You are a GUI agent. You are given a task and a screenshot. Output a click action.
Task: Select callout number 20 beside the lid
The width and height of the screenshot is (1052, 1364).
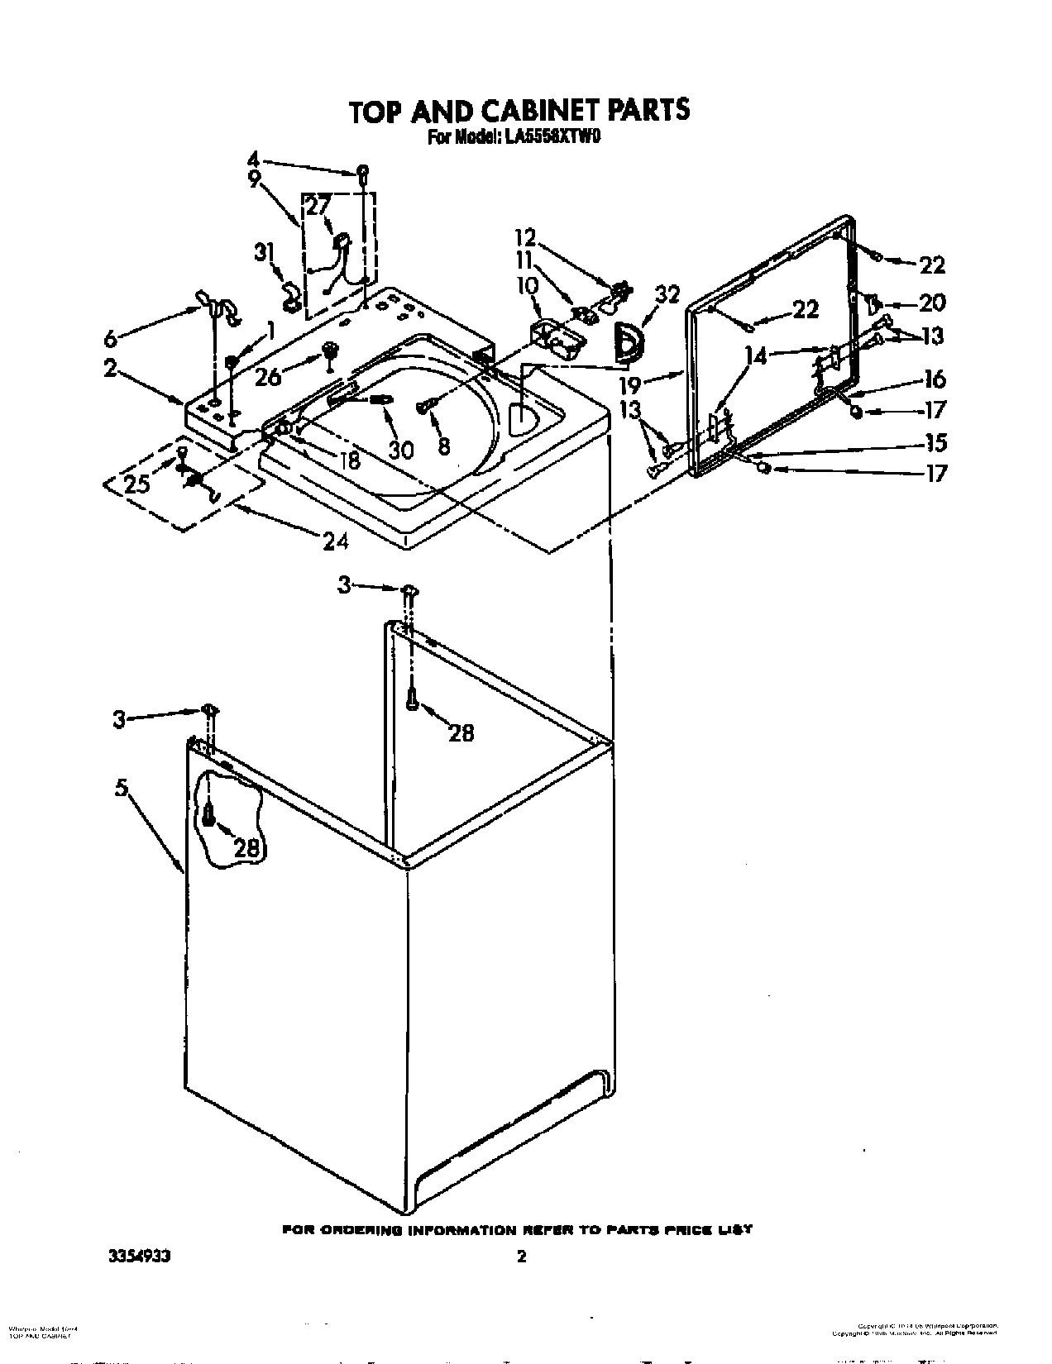[x=931, y=303]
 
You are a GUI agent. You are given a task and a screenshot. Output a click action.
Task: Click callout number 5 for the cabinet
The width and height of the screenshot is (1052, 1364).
[x=122, y=789]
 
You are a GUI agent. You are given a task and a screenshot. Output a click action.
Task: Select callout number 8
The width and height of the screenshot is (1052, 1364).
[x=444, y=447]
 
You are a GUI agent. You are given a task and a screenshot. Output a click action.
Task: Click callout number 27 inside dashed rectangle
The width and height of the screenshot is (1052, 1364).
[x=318, y=205]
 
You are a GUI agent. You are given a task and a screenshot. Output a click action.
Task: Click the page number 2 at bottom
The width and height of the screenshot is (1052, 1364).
[x=521, y=1234]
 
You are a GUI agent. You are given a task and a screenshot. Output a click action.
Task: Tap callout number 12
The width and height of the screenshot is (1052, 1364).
[x=526, y=238]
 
